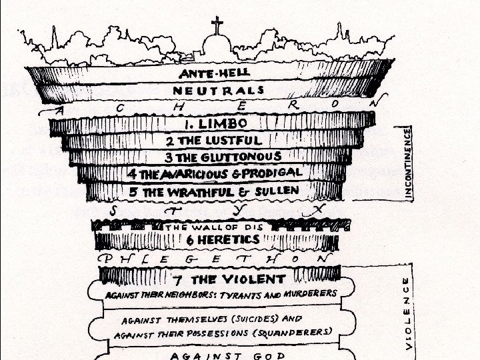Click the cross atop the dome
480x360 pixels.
point(217,27)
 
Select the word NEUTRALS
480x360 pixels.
point(218,90)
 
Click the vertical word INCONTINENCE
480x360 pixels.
point(408,163)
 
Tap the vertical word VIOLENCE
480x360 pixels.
point(407,313)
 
